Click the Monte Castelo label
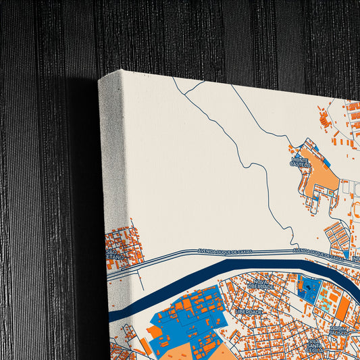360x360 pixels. click(x=301, y=162)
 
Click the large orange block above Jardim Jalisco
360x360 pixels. click(x=342, y=309)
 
